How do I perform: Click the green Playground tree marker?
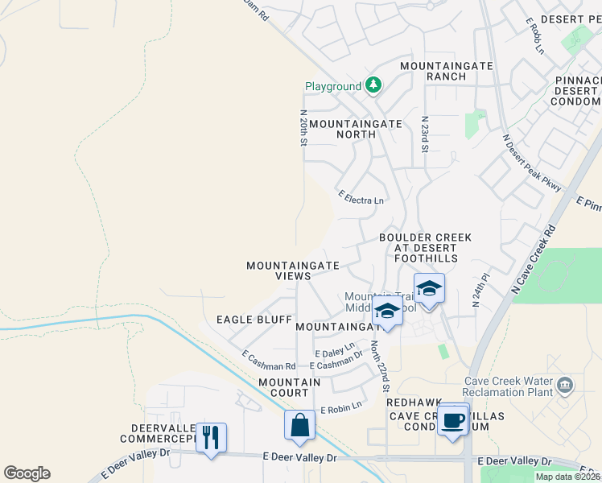point(373,85)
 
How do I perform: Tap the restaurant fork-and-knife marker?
point(211,437)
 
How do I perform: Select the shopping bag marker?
point(299,424)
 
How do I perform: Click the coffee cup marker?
point(454,419)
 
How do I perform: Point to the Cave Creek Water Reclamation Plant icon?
point(564,386)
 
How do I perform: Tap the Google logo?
point(27,473)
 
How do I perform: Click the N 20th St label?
point(303,128)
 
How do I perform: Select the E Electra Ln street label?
point(361,197)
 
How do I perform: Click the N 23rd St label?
point(424,134)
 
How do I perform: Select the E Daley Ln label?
point(334,352)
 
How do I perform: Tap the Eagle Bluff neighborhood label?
point(254,320)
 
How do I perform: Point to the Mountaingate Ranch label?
point(433,70)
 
